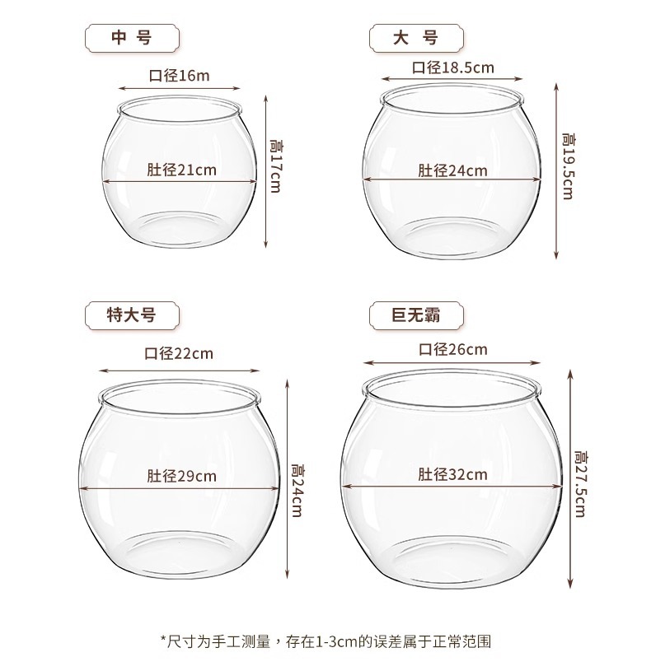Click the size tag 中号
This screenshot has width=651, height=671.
(x=132, y=38)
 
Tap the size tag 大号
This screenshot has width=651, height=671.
(x=415, y=38)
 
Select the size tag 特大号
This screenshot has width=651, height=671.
(x=132, y=315)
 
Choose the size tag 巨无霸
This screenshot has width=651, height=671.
(x=415, y=315)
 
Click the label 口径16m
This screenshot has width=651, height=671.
(x=179, y=76)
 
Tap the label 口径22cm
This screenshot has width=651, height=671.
(x=179, y=354)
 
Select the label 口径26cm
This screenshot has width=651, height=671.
(x=452, y=349)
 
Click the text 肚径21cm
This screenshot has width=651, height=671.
(x=181, y=170)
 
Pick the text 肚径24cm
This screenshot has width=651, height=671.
(x=452, y=170)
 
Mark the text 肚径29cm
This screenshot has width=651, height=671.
(x=181, y=476)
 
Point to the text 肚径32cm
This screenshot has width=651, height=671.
(x=452, y=474)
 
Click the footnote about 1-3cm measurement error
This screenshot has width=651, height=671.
(x=325, y=640)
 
